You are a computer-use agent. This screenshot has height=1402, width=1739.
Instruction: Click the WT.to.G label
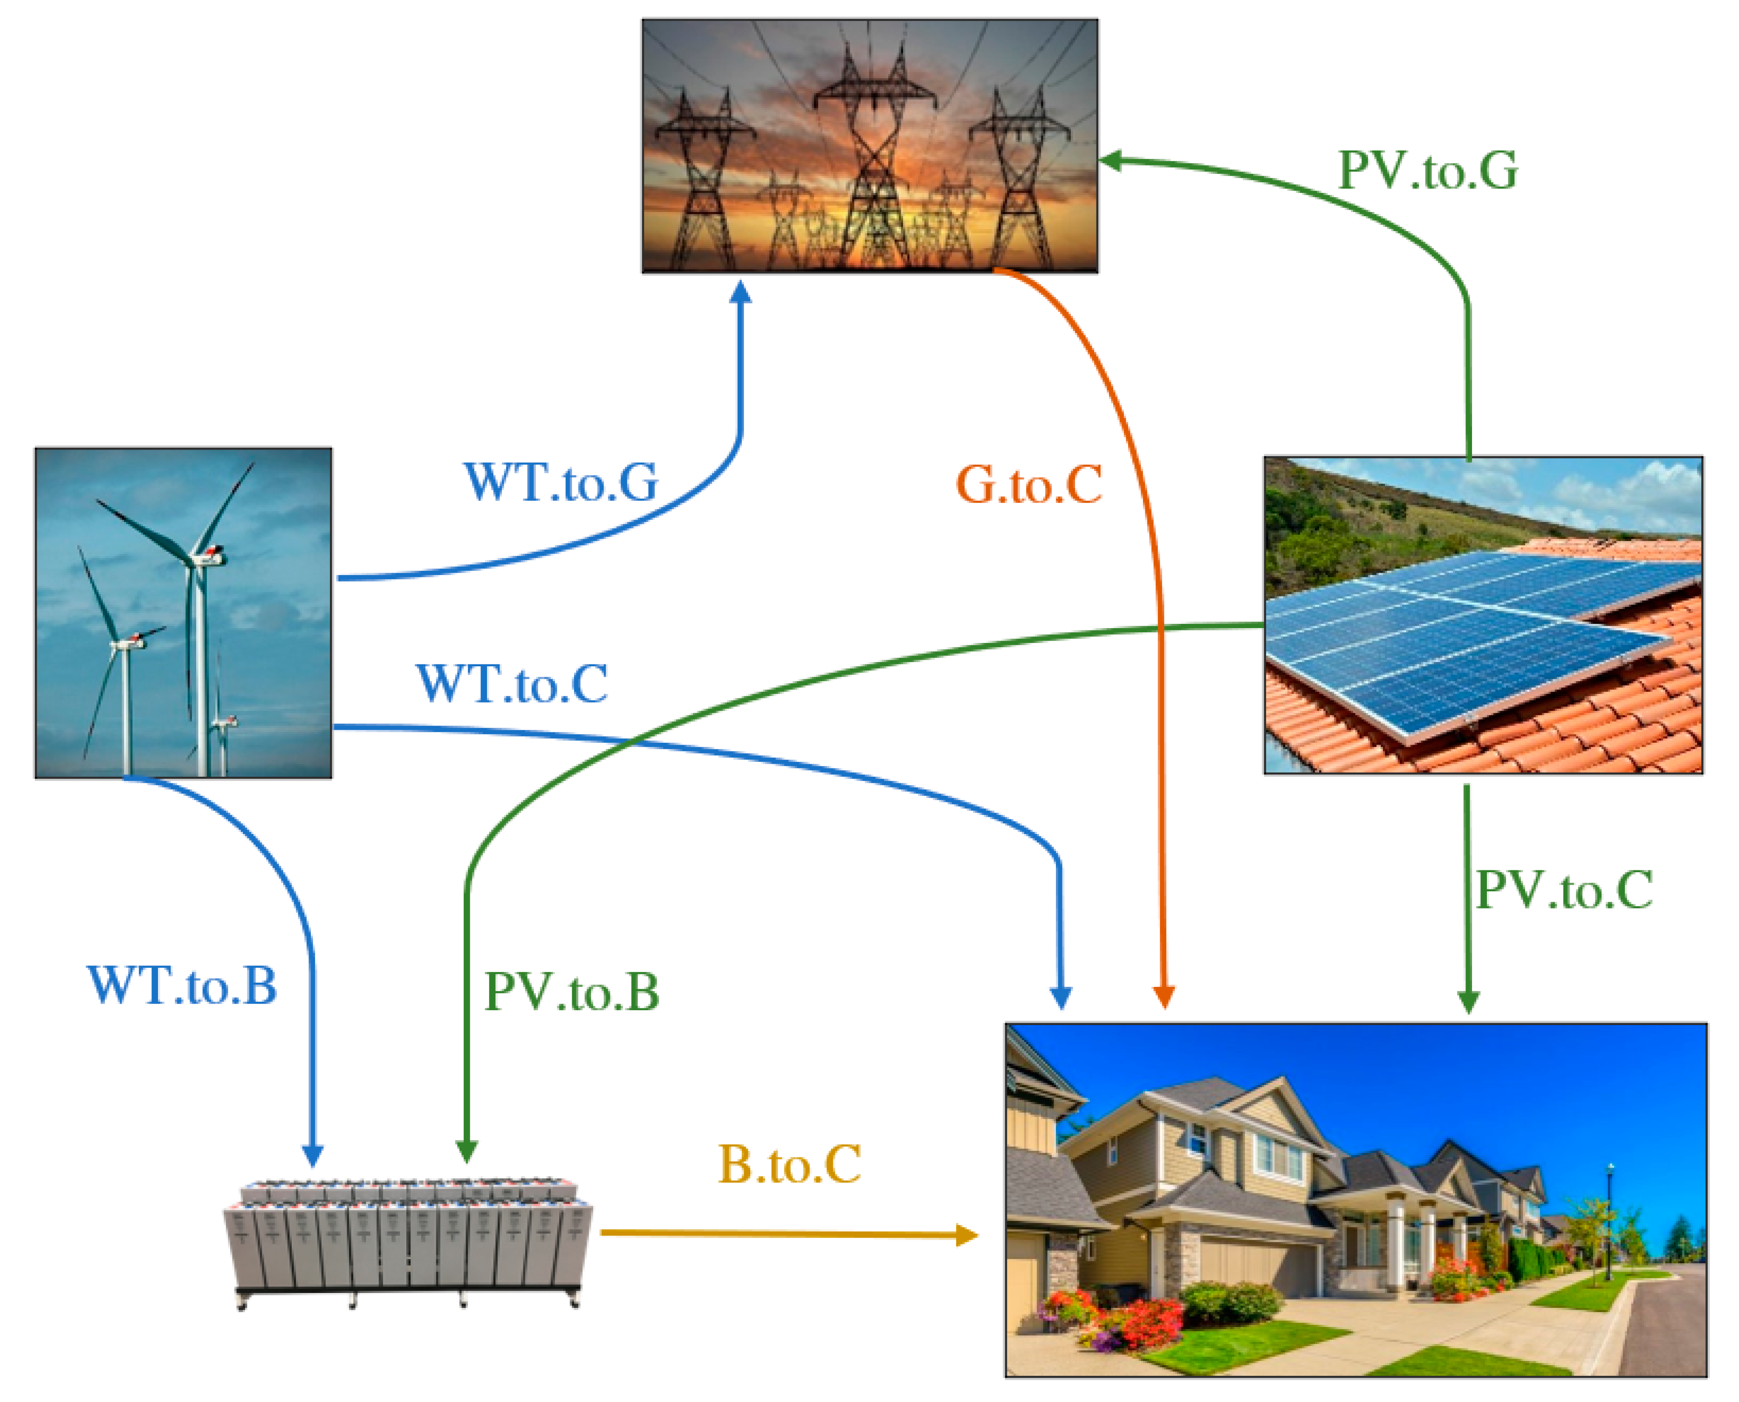(x=561, y=483)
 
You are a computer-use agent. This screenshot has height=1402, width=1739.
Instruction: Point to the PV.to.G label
(x=1427, y=171)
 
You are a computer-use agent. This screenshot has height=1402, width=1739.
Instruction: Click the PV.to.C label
(x=1564, y=891)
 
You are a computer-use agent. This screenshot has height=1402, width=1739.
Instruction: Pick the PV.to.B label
(x=571, y=992)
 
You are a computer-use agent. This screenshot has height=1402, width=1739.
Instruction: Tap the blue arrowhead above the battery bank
(x=313, y=1155)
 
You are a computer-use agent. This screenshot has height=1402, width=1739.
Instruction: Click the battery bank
(x=408, y=1244)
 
